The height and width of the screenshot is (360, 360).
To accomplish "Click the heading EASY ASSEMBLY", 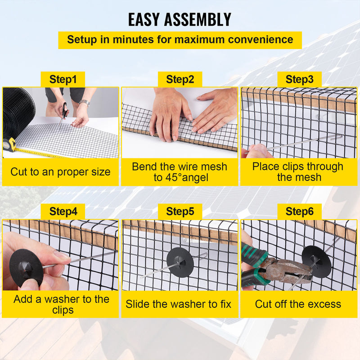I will (180, 19).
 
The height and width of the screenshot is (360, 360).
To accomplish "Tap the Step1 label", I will (63, 80).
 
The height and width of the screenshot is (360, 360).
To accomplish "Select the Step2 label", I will (180, 80).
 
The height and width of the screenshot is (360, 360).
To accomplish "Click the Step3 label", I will (299, 80).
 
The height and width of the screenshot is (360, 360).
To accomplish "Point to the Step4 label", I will (63, 211).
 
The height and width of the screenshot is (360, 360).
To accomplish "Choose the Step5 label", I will (180, 211).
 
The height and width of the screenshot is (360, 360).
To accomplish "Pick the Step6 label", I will (299, 211).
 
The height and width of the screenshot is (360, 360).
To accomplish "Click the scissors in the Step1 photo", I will (65, 111).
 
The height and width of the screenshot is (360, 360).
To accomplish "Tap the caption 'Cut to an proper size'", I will (60, 172).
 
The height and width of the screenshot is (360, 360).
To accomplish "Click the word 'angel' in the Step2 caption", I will (193, 177).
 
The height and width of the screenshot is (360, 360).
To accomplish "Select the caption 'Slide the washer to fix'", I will (179, 304).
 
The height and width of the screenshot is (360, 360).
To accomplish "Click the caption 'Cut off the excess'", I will (298, 304).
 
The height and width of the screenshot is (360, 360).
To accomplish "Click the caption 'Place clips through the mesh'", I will (297, 172).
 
